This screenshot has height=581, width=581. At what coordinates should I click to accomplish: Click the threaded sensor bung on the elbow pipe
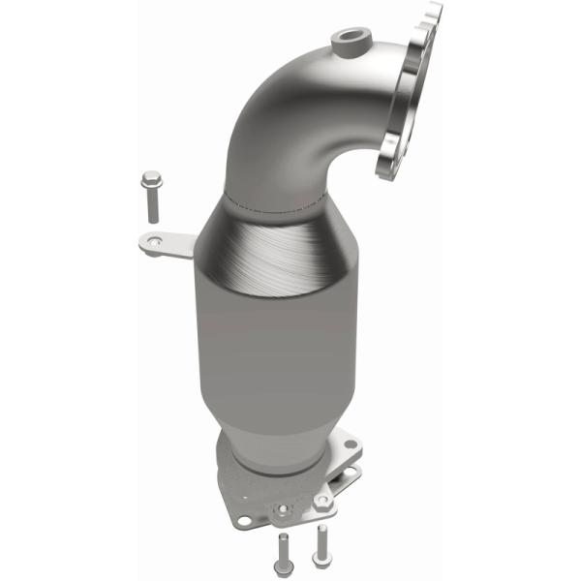click(348, 41)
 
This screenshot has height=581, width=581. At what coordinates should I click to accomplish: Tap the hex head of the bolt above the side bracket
click(150, 179)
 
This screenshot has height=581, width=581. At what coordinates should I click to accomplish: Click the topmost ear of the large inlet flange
click(432, 12)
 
